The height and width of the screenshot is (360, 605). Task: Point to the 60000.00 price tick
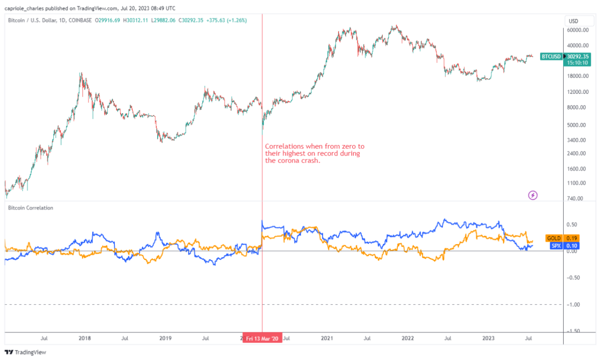(578, 30)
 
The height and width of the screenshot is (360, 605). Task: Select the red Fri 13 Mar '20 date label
(262, 338)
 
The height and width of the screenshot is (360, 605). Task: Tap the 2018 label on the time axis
(85, 338)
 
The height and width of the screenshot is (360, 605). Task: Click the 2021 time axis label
(327, 338)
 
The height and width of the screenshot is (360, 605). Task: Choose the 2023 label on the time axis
(489, 338)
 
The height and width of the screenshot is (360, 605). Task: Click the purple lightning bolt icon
(533, 195)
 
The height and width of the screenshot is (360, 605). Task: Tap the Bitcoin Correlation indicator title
(31, 208)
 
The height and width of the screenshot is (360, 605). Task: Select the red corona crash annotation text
(315, 154)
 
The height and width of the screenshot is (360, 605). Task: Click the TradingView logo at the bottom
(25, 352)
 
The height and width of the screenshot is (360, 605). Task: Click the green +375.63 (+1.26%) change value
(224, 20)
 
